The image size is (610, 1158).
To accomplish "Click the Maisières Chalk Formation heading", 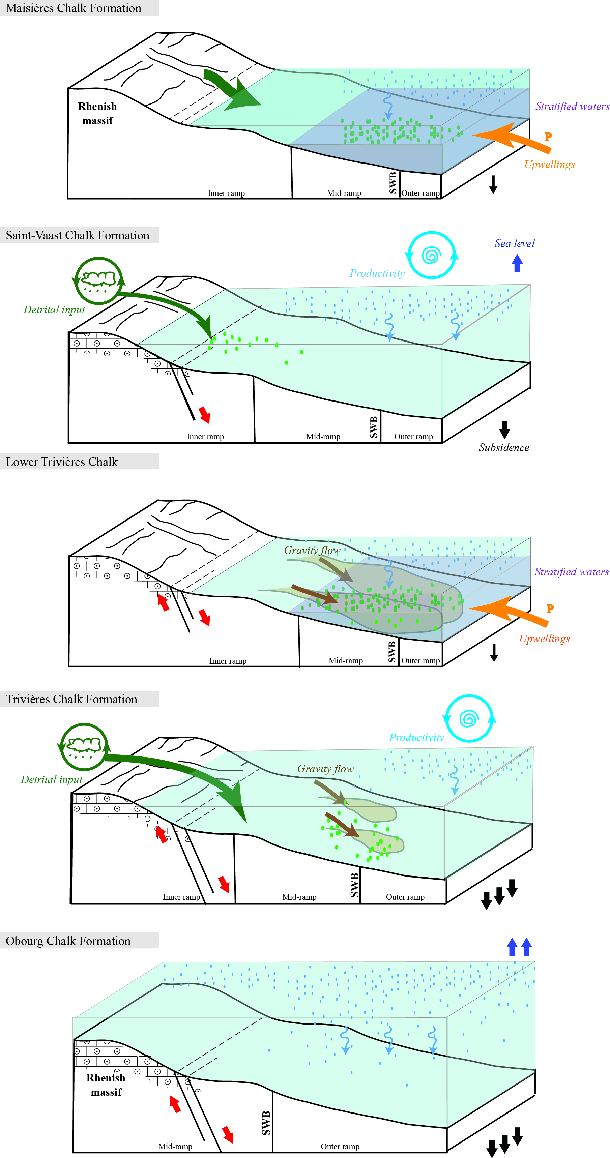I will pyautogui.click(x=73, y=8).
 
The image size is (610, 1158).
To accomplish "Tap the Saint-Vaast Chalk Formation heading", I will pyautogui.click(x=77, y=235).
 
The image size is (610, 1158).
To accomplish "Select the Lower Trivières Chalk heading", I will pyautogui.click(x=62, y=462).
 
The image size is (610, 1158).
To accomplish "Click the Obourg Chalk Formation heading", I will pyautogui.click(x=68, y=941).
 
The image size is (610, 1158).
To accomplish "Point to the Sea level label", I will pyautogui.click(x=514, y=243).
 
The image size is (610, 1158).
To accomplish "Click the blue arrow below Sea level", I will pyautogui.click(x=517, y=263).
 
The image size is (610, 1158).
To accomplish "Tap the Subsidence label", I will pyautogui.click(x=503, y=447).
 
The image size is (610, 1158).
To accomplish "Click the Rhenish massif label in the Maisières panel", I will pyautogui.click(x=97, y=113).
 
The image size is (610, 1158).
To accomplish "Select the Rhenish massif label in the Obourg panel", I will pyautogui.click(x=106, y=1085).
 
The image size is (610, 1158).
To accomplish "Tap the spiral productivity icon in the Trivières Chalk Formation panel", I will pyautogui.click(x=468, y=718).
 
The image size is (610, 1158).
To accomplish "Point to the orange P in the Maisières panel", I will pyautogui.click(x=548, y=137).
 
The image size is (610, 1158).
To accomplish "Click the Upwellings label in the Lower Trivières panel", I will pyautogui.click(x=544, y=639).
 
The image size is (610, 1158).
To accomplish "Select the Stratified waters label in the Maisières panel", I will pyautogui.click(x=572, y=107).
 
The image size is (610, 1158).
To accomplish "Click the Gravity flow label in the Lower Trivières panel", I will pyautogui.click(x=312, y=550).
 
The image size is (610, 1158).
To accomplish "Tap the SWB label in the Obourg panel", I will pyautogui.click(x=266, y=1123).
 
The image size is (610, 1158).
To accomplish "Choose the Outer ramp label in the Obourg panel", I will pyautogui.click(x=340, y=1146).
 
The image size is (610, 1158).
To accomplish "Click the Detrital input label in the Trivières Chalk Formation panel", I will pyautogui.click(x=52, y=779).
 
